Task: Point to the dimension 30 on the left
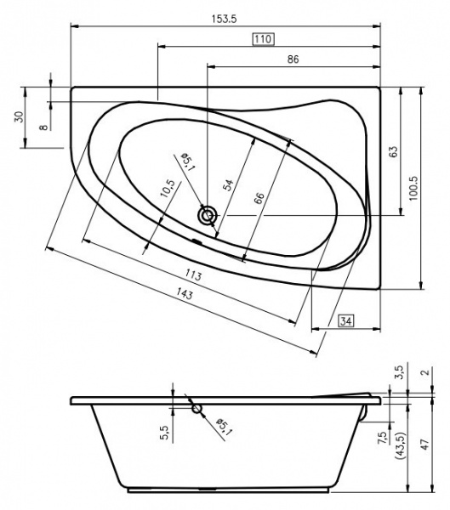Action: click(18, 117)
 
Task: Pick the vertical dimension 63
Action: click(393, 151)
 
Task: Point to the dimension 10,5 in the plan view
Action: click(168, 188)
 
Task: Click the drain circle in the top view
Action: click(207, 215)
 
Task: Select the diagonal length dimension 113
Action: click(192, 275)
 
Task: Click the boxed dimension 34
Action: click(346, 320)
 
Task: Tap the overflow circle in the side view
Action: click(197, 409)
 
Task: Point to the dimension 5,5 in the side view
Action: click(162, 433)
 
